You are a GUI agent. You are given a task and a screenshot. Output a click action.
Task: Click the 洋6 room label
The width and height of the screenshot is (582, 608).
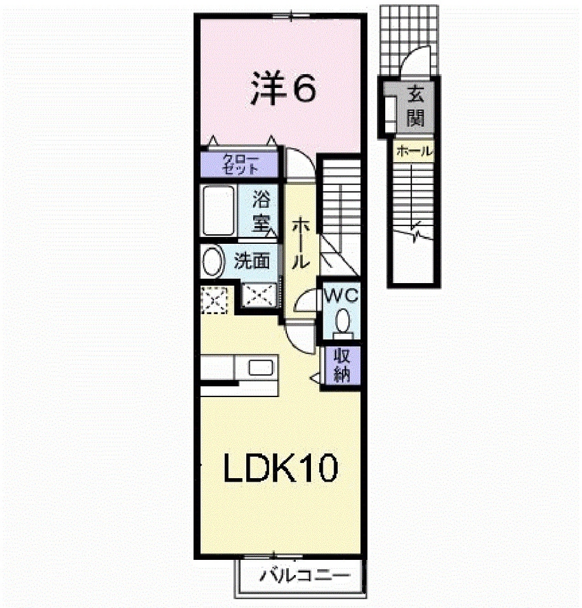[x=281, y=89]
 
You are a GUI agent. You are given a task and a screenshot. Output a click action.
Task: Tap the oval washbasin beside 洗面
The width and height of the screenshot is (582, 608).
[x=213, y=261]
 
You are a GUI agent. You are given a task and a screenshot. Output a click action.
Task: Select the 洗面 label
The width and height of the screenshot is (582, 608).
[x=250, y=261]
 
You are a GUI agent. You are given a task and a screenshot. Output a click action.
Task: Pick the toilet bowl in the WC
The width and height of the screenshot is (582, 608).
[x=342, y=322]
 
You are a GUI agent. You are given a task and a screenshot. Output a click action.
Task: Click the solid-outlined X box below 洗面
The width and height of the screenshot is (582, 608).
[x=259, y=295]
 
